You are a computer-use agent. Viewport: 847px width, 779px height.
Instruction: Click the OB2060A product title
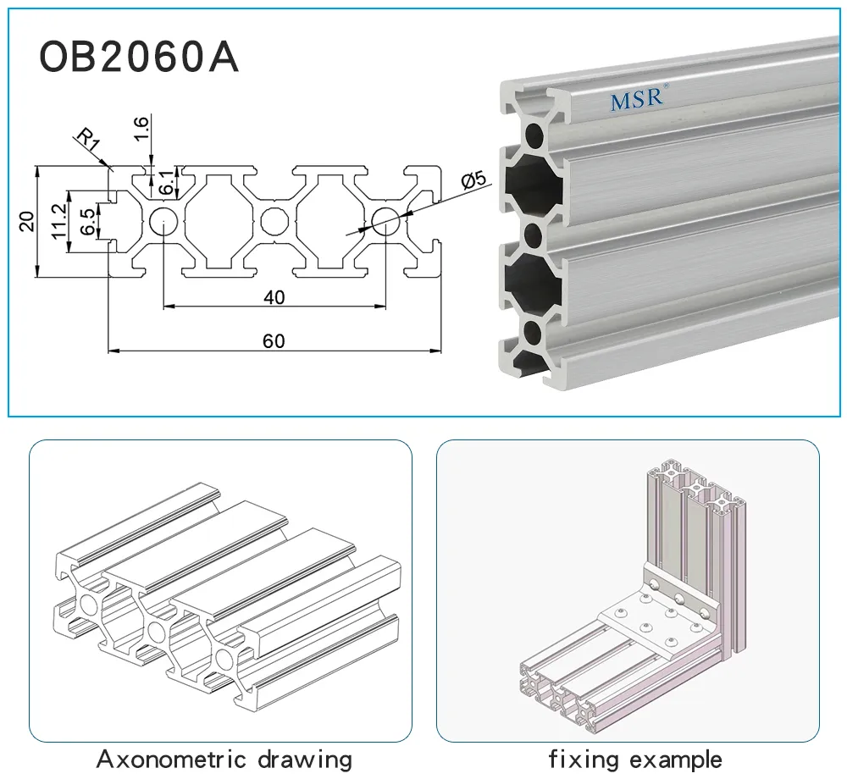pyautogui.click(x=139, y=58)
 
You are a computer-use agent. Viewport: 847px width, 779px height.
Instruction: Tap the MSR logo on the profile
pyautogui.click(x=639, y=99)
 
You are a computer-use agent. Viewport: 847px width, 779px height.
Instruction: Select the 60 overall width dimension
pyautogui.click(x=274, y=341)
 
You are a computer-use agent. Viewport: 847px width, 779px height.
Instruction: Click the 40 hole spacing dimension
pyautogui.click(x=274, y=296)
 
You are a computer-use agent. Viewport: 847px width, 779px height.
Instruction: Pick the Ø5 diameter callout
pyautogui.click(x=473, y=180)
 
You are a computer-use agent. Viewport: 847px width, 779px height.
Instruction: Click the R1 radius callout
pyautogui.click(x=87, y=140)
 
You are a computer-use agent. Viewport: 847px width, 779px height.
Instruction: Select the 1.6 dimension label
pyautogui.click(x=142, y=126)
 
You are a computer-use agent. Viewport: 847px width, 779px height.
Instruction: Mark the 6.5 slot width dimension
pyautogui.click(x=86, y=221)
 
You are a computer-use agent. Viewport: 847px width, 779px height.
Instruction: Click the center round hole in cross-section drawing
pyautogui.click(x=274, y=221)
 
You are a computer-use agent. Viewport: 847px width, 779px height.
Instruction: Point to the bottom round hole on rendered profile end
pyautogui.click(x=534, y=329)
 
